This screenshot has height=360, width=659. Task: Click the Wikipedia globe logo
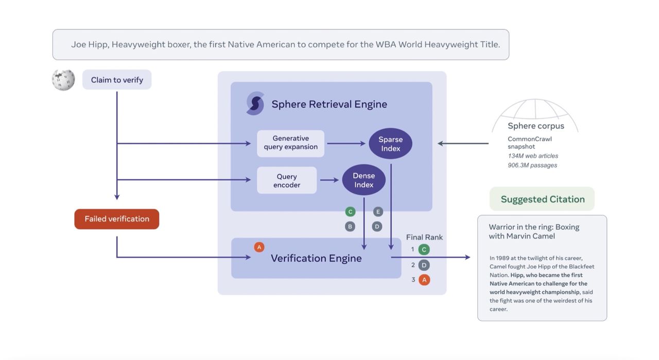[63, 80]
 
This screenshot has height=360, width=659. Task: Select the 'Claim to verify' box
[117, 80]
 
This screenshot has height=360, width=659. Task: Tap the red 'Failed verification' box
[117, 219]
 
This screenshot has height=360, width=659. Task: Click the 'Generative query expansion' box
[291, 143]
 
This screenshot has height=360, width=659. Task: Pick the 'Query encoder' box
[287, 180]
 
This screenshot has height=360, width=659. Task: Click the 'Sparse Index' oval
[391, 144]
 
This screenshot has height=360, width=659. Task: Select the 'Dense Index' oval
[364, 180]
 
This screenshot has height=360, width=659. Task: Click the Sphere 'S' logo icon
[255, 104]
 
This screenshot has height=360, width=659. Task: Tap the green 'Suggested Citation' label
[542, 199]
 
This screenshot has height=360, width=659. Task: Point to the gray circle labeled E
[378, 212]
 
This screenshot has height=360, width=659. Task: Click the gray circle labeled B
[350, 226]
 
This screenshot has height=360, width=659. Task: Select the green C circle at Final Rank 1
[424, 250]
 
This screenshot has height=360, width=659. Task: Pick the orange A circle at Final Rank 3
[424, 280]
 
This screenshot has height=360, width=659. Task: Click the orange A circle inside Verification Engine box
[259, 247]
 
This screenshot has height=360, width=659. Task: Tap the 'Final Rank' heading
[424, 237]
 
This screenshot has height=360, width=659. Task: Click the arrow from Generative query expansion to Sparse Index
[346, 144]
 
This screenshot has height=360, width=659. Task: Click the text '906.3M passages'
[532, 165]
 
